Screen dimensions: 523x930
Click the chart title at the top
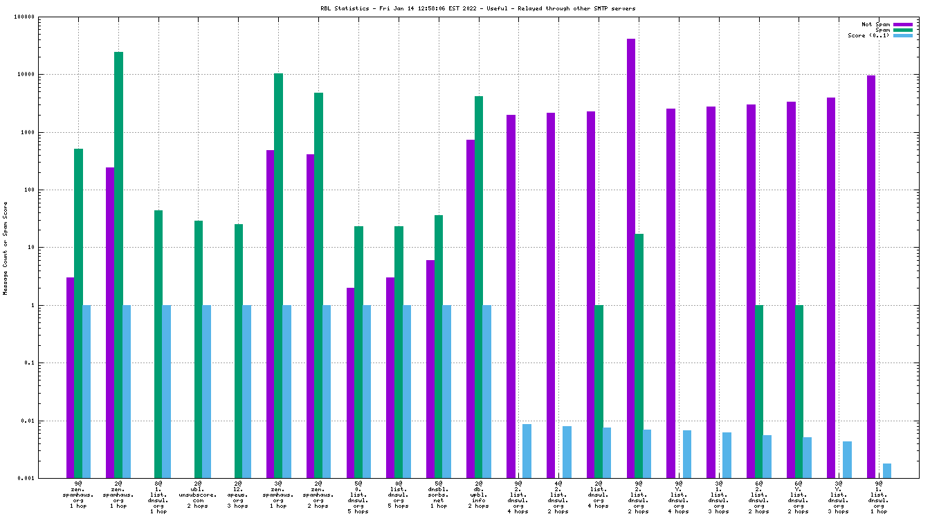464,8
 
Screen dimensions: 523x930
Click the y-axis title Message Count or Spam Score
6,248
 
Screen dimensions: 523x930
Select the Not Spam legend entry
875,24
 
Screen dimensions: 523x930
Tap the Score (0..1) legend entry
869,35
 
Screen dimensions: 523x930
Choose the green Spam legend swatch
903,30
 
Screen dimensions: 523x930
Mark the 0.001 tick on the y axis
46,479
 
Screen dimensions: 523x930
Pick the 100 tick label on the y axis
49,190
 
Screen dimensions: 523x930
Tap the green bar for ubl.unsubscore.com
199,349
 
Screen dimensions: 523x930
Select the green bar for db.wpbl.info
479,287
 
